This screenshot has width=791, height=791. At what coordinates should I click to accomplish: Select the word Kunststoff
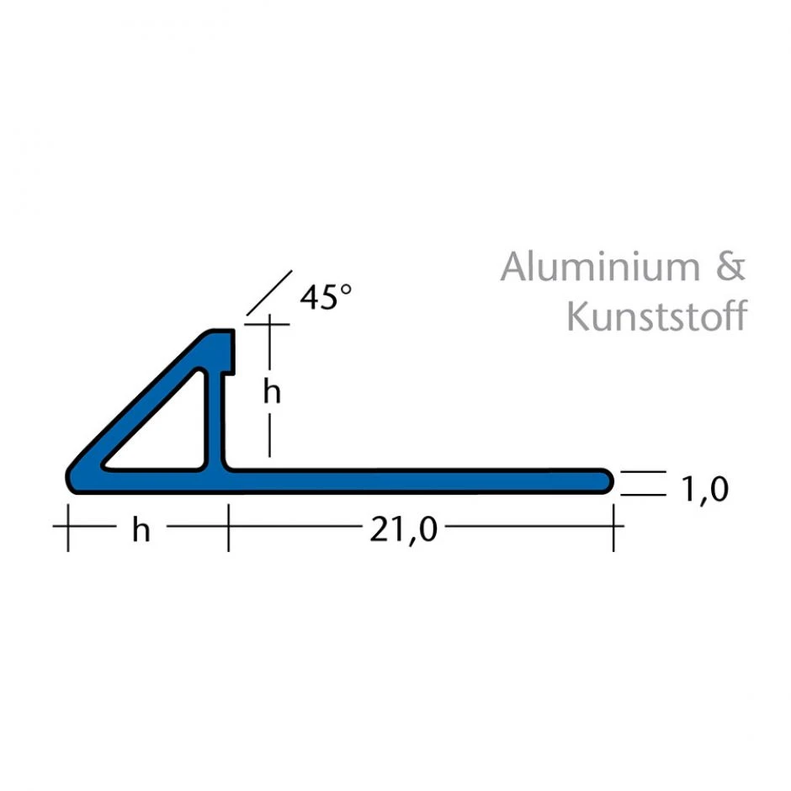click(x=656, y=317)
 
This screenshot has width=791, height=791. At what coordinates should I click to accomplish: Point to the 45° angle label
click(x=326, y=297)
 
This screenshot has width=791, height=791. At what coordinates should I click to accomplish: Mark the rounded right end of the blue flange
click(x=606, y=480)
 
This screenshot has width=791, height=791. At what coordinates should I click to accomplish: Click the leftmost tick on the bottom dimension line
click(x=67, y=527)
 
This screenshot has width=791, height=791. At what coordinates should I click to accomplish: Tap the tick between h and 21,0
click(x=228, y=527)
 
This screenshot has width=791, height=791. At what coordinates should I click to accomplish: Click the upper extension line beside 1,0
click(x=644, y=472)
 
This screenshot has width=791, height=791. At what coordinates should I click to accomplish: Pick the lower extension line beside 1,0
click(x=644, y=495)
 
